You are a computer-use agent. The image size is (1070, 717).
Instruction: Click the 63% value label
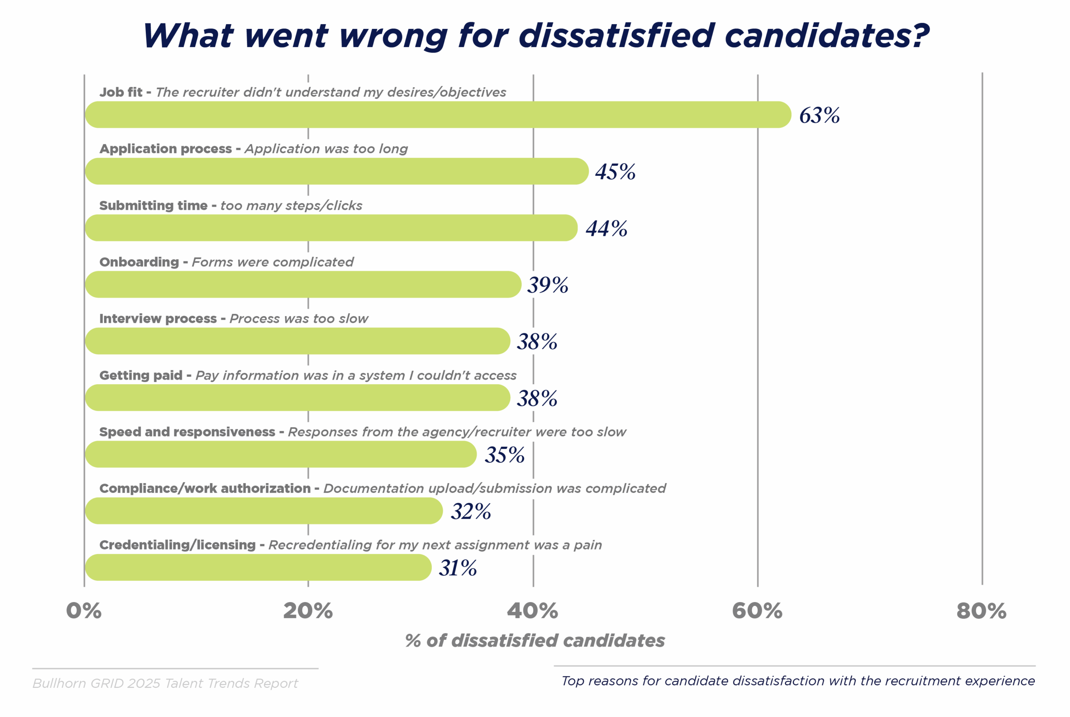[819, 115]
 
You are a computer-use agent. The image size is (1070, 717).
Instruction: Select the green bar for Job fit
[438, 115]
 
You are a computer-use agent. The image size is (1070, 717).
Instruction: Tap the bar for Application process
[336, 172]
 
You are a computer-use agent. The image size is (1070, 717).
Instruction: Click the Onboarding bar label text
[226, 262]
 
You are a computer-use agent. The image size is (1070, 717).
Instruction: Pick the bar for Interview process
[298, 341]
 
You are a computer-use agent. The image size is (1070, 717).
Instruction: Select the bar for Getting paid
[298, 398]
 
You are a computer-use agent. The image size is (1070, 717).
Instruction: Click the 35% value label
[504, 455]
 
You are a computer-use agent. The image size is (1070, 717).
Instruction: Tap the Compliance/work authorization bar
[264, 511]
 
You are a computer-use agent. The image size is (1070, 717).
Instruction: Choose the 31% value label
[458, 568]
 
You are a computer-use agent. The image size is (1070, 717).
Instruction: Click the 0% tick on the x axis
[84, 611]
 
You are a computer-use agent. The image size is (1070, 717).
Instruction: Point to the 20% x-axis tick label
[308, 611]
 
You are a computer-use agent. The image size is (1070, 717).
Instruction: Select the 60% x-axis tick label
[757, 611]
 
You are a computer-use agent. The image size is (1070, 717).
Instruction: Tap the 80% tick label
[981, 611]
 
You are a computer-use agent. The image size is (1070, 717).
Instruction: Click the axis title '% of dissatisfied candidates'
[535, 641]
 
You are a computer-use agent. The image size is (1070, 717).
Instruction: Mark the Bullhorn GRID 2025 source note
[165, 683]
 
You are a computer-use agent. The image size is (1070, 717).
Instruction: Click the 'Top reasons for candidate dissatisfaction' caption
[798, 681]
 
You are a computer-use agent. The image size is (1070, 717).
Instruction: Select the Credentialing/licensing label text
[350, 545]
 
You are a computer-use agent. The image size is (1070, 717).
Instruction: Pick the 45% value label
[615, 172]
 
